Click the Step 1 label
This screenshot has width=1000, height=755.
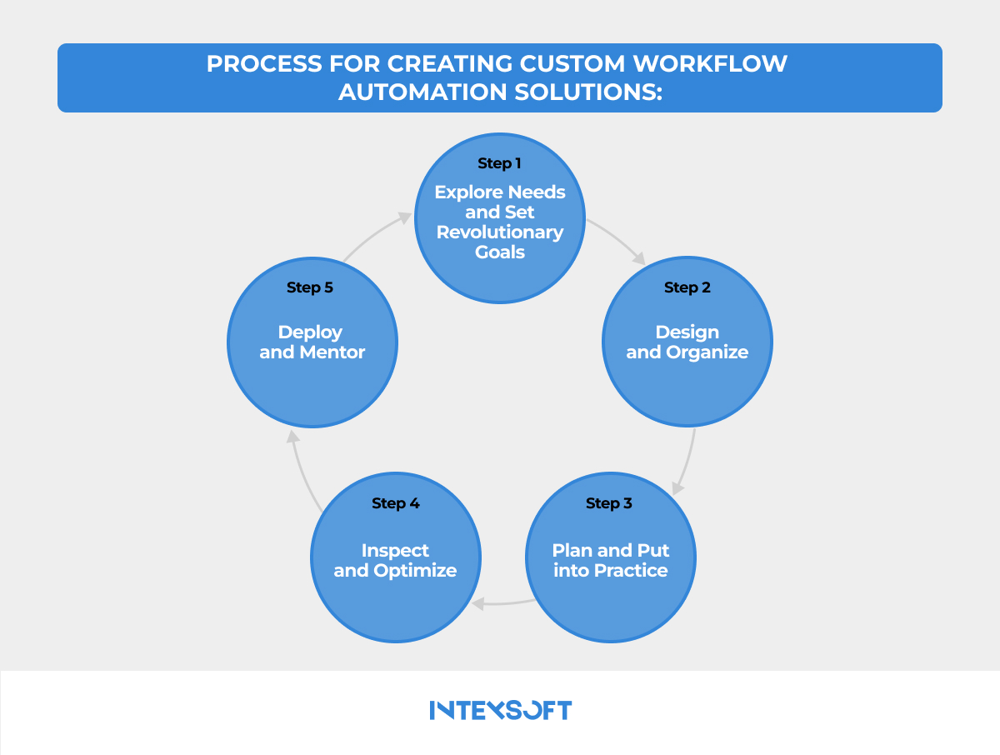pos(499,163)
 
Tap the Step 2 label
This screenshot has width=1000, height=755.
pos(687,287)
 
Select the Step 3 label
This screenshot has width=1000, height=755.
pos(609,503)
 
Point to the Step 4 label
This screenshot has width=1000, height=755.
pos(395,503)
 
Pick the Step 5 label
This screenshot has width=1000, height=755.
pos(310,287)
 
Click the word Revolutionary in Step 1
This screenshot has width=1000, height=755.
pos(500,232)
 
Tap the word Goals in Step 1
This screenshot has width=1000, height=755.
pos(500,252)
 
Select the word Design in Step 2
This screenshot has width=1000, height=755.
pos(687,332)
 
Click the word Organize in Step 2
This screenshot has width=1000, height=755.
pos(707,352)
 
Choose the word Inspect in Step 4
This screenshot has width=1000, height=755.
pos(395,550)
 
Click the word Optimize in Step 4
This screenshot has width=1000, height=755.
pos(415,571)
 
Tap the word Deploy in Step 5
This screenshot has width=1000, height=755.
pos(310,332)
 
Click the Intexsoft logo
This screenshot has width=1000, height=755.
pos(500,711)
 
